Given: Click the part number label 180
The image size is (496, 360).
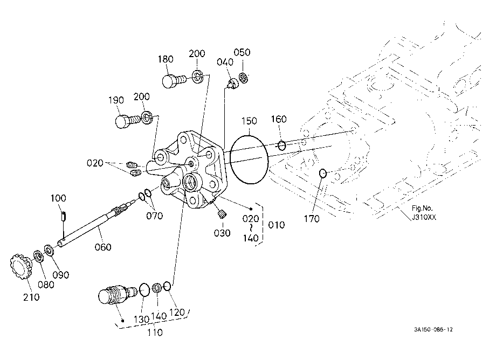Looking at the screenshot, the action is coord(166,59).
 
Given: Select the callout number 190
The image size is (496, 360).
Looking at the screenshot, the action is coord(116,100).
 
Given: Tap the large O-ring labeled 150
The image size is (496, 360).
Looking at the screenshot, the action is coord(249,160).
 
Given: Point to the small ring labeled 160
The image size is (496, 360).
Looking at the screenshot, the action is coord(282,146).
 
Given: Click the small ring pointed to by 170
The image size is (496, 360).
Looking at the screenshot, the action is coord(322,173).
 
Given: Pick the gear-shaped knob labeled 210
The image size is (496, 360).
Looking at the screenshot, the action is coord(19,266).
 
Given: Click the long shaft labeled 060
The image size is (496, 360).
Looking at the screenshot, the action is coord(95,224).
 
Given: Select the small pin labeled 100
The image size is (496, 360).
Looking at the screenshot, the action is coord(63,216).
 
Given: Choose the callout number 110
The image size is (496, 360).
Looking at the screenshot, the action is coord(155,333).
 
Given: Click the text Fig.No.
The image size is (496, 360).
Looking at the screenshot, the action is coord(422,208).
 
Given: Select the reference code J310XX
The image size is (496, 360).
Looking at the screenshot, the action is coord(424,217).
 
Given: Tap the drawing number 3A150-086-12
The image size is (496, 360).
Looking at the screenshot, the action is coord(433,329).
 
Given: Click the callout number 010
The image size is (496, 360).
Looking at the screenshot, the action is coord(277,225).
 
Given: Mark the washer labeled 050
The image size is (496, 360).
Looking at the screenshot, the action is coord(243,78).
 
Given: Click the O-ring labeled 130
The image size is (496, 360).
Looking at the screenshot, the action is coord(144,290).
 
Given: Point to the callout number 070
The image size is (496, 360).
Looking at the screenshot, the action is coord(154,216).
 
